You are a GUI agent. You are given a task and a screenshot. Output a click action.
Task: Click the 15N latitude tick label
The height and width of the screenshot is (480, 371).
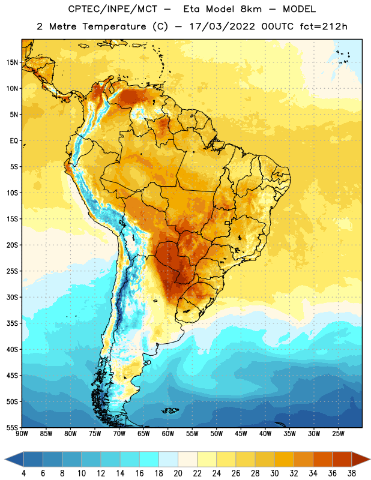point(12,62)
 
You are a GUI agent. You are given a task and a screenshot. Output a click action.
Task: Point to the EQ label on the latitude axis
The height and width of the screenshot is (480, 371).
point(14,141)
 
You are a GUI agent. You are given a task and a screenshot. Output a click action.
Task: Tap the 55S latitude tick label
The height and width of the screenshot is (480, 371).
point(12,427)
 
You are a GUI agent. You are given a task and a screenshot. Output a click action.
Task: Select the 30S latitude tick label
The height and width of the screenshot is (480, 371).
point(12,297)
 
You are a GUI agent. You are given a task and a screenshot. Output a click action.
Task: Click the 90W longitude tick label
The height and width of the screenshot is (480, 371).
point(22,434)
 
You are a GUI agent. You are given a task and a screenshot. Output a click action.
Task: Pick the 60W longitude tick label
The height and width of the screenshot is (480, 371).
point(168,434)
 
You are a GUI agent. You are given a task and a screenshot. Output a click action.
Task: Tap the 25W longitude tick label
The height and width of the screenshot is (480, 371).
point(338,434)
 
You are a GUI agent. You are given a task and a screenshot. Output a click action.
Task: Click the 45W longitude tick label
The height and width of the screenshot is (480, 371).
point(241,434)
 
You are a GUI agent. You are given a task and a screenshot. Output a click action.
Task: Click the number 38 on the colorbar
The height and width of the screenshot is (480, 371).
point(351,473)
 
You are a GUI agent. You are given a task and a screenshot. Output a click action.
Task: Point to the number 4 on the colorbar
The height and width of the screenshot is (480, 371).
point(23,473)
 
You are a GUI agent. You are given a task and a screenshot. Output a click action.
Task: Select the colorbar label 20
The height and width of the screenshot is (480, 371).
point(178,473)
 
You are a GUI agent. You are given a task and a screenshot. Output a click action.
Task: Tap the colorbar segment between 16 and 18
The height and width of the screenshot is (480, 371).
point(149,460)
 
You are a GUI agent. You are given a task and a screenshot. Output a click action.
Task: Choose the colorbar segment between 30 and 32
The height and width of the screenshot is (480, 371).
point(284,460)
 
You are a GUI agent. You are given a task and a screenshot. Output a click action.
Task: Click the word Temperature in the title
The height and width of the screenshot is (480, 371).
point(114,26)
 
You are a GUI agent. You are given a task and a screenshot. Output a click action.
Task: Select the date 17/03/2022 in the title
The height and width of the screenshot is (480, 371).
point(222,26)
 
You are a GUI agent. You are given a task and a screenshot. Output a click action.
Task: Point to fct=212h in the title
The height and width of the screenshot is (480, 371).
point(324,26)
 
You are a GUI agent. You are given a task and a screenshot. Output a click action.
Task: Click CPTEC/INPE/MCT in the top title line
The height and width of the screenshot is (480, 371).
point(113,9)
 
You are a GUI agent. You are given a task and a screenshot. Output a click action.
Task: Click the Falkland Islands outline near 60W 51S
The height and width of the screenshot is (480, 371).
point(170,410)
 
